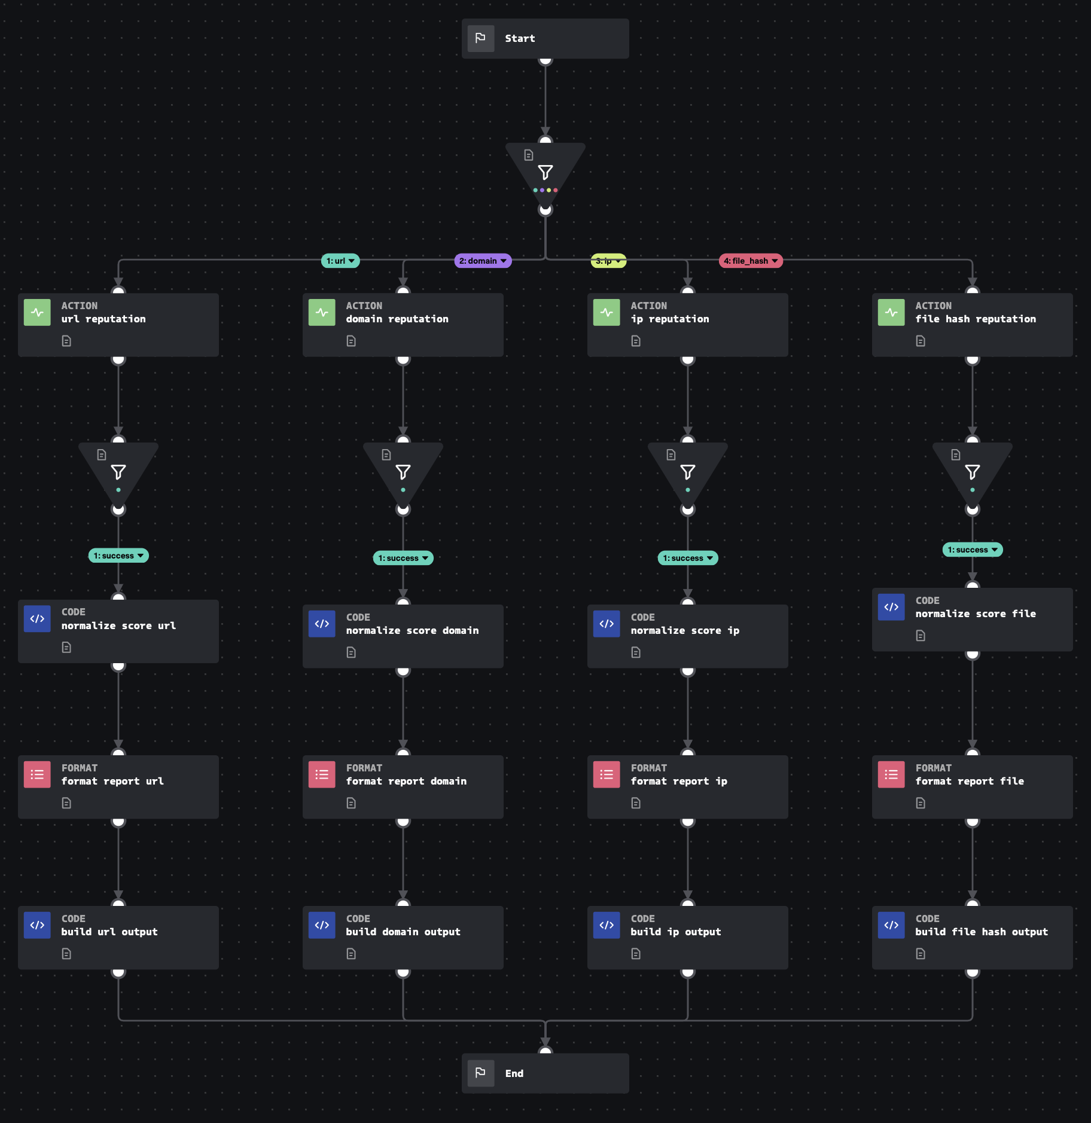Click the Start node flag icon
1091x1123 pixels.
(x=480, y=38)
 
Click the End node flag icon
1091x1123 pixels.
(x=480, y=1073)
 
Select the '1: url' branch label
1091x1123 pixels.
(x=340, y=261)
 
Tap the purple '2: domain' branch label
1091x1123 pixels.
(x=482, y=261)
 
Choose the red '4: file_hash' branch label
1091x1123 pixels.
(x=750, y=261)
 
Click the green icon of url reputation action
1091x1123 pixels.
(x=37, y=312)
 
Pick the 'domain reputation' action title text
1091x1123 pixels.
(x=397, y=319)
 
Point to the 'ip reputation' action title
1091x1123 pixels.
(x=669, y=319)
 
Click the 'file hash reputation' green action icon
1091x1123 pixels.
(x=891, y=312)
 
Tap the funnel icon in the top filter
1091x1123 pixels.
(x=545, y=173)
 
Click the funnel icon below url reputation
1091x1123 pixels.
(x=118, y=472)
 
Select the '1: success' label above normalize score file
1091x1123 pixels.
(x=972, y=550)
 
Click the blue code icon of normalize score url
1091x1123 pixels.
(x=37, y=619)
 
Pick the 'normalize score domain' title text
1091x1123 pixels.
(x=412, y=630)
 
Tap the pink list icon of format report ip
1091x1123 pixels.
(x=606, y=774)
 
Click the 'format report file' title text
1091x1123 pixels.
(x=969, y=781)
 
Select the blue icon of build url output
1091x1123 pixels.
(x=37, y=925)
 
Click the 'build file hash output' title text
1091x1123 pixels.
(x=981, y=932)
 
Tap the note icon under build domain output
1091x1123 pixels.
(x=351, y=954)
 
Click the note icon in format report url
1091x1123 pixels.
(x=66, y=803)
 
